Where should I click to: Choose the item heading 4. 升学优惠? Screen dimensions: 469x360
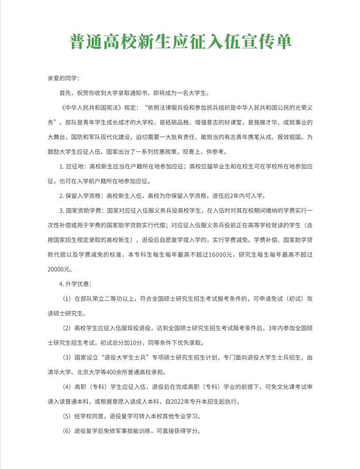(x=75, y=284)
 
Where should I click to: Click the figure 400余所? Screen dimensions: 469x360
(x=122, y=372)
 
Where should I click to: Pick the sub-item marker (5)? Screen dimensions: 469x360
(x=67, y=416)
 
